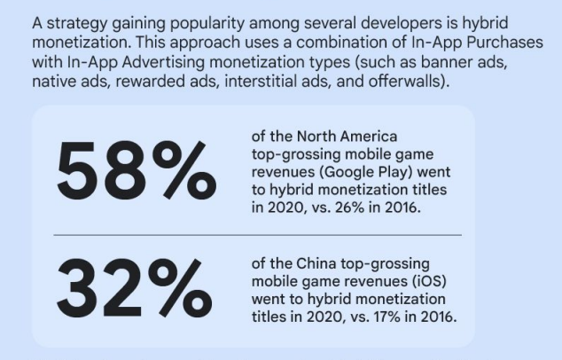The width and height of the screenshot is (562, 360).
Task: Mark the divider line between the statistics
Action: click(257, 235)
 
